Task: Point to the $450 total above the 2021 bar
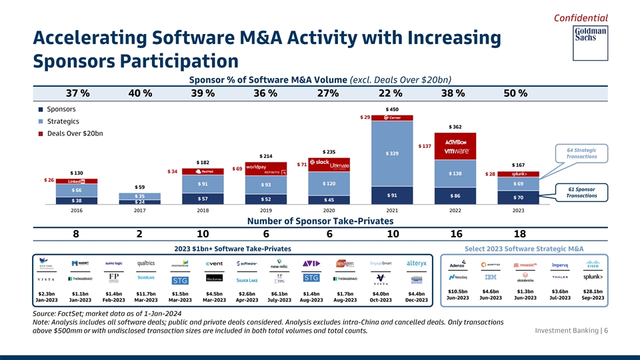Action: tap(392, 109)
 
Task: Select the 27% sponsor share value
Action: tap(329, 93)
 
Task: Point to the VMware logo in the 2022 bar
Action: tap(454, 151)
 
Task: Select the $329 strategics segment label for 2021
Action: tap(392, 154)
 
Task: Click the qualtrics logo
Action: tap(145, 263)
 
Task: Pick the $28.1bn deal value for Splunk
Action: tap(593, 291)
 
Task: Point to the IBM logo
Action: tap(491, 277)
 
